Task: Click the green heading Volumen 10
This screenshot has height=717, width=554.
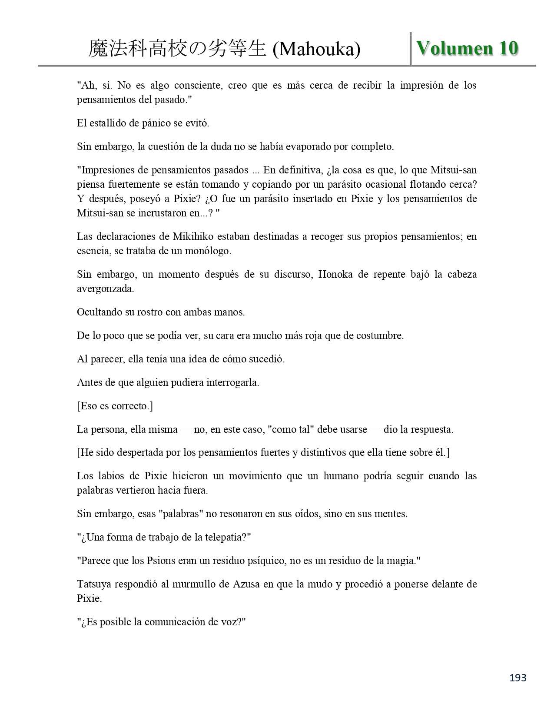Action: click(x=467, y=48)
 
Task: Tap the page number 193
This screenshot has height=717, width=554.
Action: click(x=518, y=677)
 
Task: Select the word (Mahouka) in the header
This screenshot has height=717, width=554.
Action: click(x=316, y=49)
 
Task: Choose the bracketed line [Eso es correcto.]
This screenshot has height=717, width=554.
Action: click(x=115, y=406)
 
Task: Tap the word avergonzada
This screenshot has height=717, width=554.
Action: click(x=105, y=289)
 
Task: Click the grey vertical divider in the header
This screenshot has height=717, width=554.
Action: click(x=411, y=49)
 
